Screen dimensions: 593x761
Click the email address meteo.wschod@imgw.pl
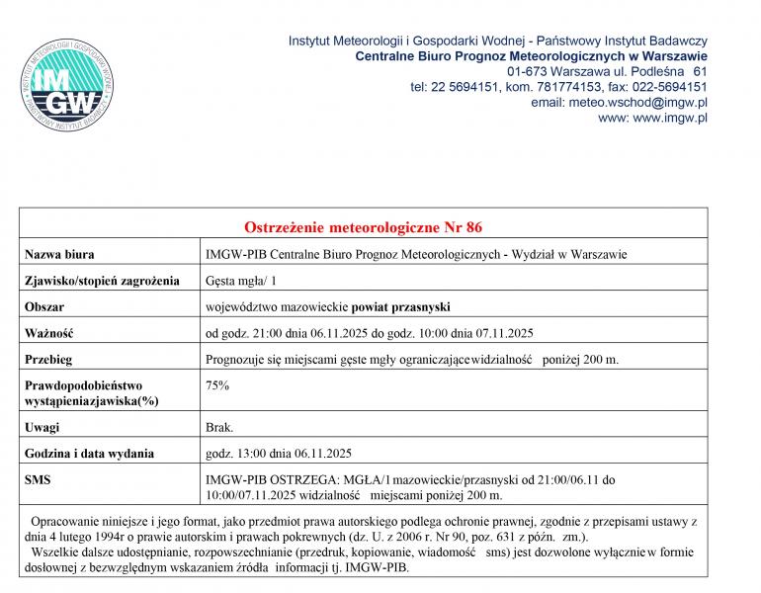click(620, 102)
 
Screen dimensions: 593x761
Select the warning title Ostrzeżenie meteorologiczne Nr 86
click(363, 228)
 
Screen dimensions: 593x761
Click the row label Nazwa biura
click(59, 254)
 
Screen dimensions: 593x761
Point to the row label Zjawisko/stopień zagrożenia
click(102, 281)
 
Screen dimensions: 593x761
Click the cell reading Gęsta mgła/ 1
click(240, 281)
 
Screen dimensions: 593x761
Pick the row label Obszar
click(44, 306)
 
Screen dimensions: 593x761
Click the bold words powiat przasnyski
click(400, 306)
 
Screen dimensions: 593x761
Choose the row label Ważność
click(49, 333)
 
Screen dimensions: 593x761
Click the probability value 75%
click(216, 384)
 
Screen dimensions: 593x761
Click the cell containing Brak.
click(218, 427)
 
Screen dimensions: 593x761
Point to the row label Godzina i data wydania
click(89, 454)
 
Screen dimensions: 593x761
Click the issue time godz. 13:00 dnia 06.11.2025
click(279, 454)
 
